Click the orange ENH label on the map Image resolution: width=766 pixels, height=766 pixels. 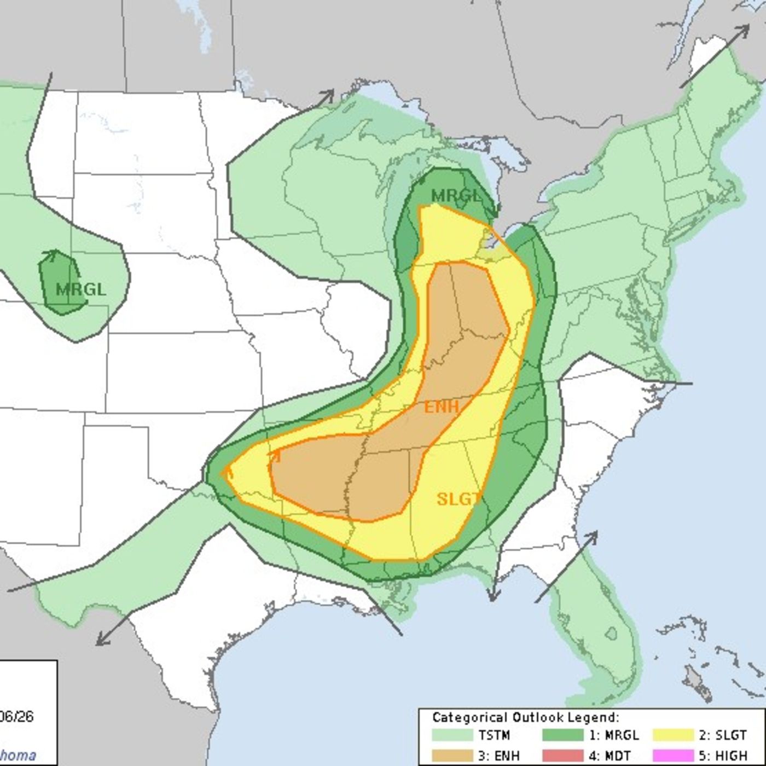[441, 407]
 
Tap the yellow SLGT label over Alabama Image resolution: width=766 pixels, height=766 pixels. [459, 498]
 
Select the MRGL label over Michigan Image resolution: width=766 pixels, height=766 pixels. [455, 196]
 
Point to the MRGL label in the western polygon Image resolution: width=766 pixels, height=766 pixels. [81, 289]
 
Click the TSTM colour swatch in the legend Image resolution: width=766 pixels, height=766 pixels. [452, 735]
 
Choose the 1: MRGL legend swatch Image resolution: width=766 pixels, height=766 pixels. [563, 735]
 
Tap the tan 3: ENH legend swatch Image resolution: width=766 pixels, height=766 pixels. [452, 755]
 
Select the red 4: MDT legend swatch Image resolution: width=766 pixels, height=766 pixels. [563, 755]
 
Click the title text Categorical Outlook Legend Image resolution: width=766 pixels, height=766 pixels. [525, 717]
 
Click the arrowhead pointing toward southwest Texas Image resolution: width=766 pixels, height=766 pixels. [100, 642]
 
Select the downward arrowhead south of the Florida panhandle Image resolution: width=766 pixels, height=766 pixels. [493, 597]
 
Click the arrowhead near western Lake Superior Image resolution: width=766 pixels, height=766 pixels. [329, 94]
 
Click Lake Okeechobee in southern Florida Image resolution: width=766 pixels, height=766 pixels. [611, 633]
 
